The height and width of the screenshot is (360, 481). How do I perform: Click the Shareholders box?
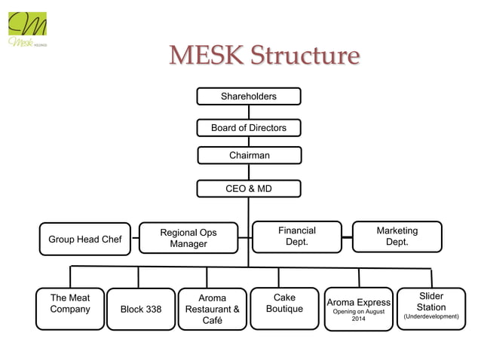pos(248,96)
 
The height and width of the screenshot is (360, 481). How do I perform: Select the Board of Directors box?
pos(248,128)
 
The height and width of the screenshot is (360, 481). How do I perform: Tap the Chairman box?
pos(249,155)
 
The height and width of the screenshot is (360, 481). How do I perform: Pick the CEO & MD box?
pos(249,188)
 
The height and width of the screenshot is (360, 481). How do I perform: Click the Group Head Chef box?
pos(84,239)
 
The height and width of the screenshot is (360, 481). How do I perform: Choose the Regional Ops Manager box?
pos(188,238)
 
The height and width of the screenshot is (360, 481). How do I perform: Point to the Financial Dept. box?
pos(296,236)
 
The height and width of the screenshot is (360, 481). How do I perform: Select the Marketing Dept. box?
pos(397,236)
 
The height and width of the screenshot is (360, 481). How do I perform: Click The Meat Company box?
pos(70,308)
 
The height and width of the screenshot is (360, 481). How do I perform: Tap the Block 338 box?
pos(141,309)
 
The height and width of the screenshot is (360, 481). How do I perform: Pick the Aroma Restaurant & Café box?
pos(213,310)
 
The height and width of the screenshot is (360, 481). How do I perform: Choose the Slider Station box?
pos(430,307)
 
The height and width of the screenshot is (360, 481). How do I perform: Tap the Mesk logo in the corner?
pos(28,29)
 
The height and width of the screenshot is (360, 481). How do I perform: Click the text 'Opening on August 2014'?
pos(358,316)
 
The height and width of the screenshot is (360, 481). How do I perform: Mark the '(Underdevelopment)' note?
pos(430,317)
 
